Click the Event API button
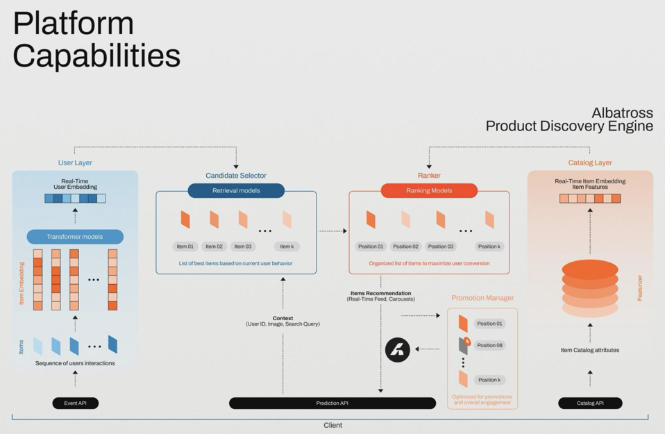tap(75, 403)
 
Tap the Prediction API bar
tap(332, 403)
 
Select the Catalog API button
tap(590, 403)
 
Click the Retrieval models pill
tap(236, 190)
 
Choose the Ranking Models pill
tap(429, 190)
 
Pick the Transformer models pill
tap(75, 237)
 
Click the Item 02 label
tap(214, 247)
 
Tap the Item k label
tap(287, 247)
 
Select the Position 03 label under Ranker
tap(441, 247)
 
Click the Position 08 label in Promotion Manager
tap(489, 345)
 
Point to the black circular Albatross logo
tap(398, 349)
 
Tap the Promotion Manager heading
tap(482, 298)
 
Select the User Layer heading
tap(75, 162)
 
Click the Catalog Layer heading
tap(590, 162)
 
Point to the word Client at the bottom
tap(333, 425)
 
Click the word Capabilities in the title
tap(96, 56)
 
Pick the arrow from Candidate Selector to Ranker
tap(332, 231)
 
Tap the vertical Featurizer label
tap(639, 287)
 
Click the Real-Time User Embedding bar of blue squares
tap(75, 199)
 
